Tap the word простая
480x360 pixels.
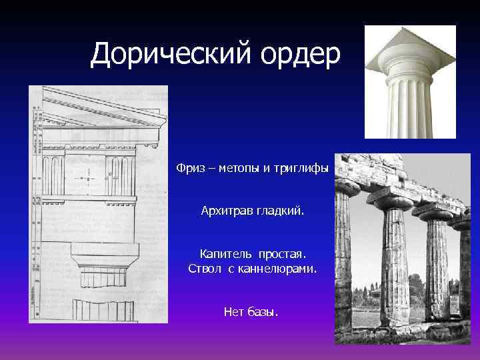tap(283, 254)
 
